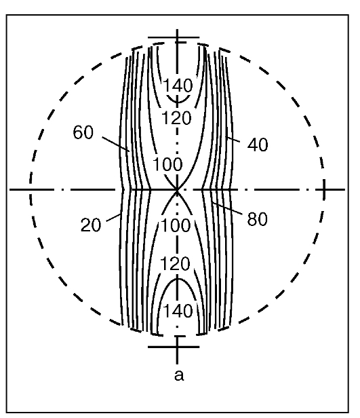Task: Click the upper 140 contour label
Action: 178,85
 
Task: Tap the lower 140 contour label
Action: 178,311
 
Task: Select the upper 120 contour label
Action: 176,118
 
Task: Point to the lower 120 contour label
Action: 175,263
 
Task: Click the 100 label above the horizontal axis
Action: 167,164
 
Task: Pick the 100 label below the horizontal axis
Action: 176,225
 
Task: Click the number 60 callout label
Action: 83,132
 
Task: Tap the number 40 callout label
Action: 258,145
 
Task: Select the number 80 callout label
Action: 257,219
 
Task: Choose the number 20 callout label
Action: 91,225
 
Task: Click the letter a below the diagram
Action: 179,375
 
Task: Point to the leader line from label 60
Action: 116,145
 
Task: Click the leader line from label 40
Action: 233,139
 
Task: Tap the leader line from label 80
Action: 227,208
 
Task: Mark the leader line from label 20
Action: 114,218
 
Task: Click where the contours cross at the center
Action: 177,189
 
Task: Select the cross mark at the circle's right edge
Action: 324,189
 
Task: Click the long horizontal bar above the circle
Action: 174,37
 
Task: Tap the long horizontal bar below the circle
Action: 174,347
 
